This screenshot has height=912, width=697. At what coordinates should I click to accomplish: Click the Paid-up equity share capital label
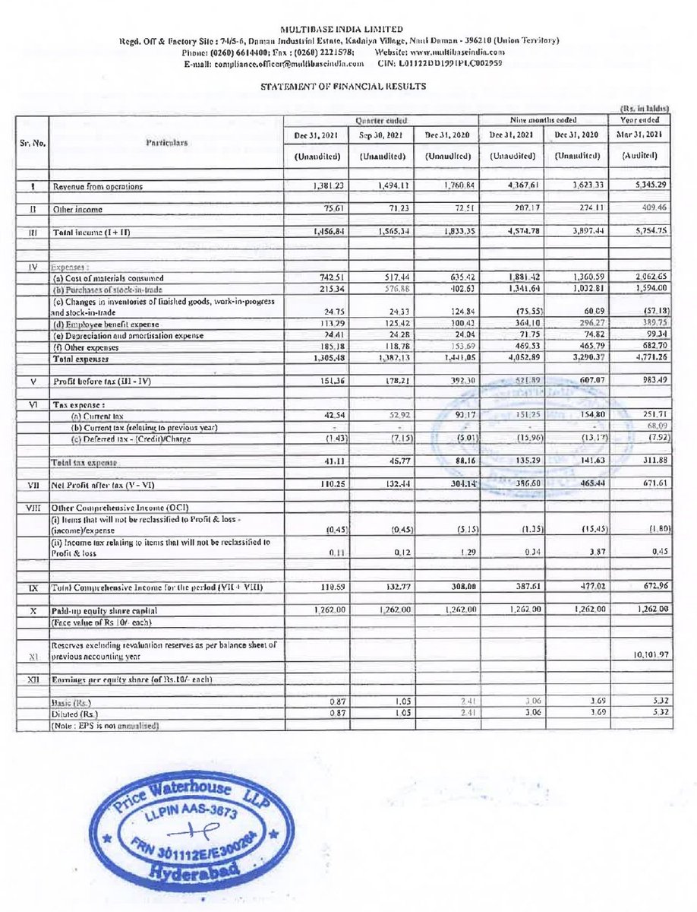(106, 610)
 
